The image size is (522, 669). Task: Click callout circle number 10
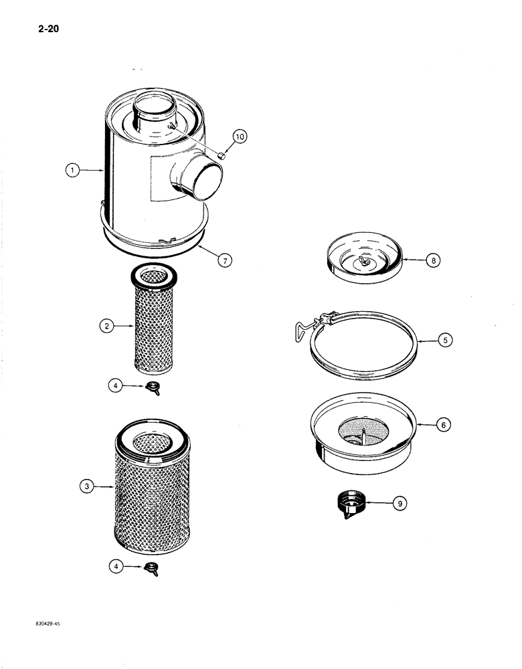(240, 137)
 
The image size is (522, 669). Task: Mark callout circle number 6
(443, 423)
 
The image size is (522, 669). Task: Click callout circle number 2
(106, 326)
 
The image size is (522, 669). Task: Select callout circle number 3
(86, 488)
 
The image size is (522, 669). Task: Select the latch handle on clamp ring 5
(305, 330)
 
